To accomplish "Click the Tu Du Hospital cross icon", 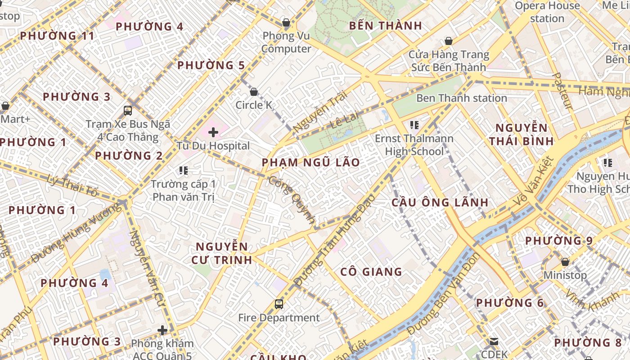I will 213,132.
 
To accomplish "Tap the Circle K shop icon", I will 254,92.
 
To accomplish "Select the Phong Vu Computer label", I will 286,42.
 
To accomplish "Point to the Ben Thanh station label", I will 462,98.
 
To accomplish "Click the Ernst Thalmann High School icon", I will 414,125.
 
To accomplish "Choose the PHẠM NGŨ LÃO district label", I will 310,162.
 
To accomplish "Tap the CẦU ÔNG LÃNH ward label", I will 440,202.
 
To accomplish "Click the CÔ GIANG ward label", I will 371,272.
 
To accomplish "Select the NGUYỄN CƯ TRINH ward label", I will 222,253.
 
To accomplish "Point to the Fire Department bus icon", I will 279,304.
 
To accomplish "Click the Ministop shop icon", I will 565,262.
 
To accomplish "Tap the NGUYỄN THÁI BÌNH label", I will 521,134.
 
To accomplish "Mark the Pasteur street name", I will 562,91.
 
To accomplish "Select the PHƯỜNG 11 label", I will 57,36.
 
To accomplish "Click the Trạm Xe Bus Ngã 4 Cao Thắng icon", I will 128,111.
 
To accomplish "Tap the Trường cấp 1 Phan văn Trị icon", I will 183,171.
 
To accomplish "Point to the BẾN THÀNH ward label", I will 386,26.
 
